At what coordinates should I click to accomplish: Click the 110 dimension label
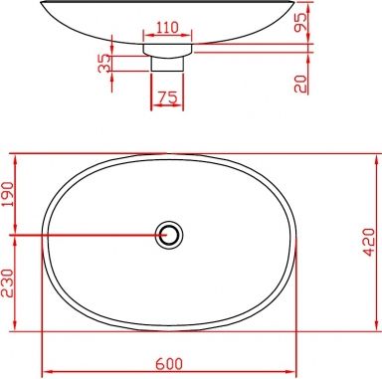[166, 27]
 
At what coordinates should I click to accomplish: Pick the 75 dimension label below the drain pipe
[166, 98]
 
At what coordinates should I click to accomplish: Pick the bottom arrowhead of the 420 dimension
[376, 328]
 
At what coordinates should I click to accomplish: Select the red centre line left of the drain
[90, 236]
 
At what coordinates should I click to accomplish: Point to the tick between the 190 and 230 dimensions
[14, 236]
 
